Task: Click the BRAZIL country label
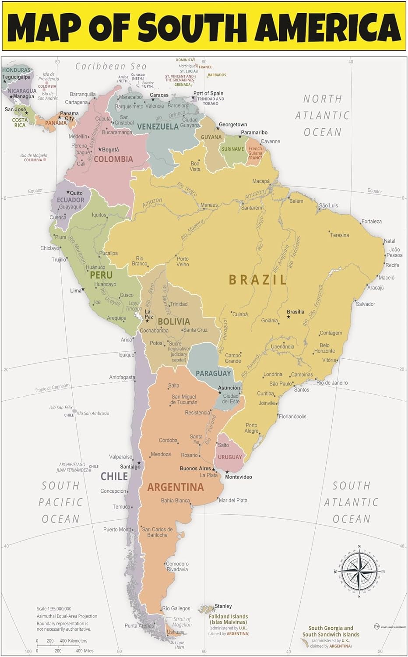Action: [x=257, y=280]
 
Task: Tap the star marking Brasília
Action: [x=288, y=317]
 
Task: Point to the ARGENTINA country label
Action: [x=176, y=487]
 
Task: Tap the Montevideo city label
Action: [x=239, y=477]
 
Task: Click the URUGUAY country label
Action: [x=230, y=457]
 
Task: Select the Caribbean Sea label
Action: [x=111, y=66]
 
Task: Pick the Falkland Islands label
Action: [x=228, y=619]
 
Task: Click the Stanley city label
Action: [x=223, y=606]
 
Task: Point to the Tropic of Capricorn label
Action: [x=52, y=388]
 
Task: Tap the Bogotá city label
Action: [x=110, y=149]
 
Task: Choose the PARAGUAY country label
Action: [x=213, y=373]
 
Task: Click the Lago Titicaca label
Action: [x=134, y=306]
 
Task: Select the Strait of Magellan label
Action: [x=182, y=622]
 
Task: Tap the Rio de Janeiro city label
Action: [x=332, y=382]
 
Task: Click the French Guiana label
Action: [x=255, y=151]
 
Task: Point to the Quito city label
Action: [x=76, y=193]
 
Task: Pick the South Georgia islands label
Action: [x=331, y=631]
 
